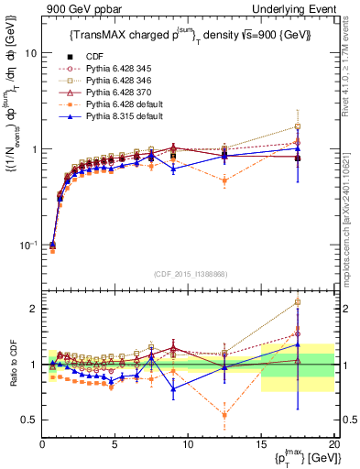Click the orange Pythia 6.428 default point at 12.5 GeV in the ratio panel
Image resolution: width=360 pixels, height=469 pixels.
(224, 416)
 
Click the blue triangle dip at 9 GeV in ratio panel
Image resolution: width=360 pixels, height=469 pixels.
(173, 388)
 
